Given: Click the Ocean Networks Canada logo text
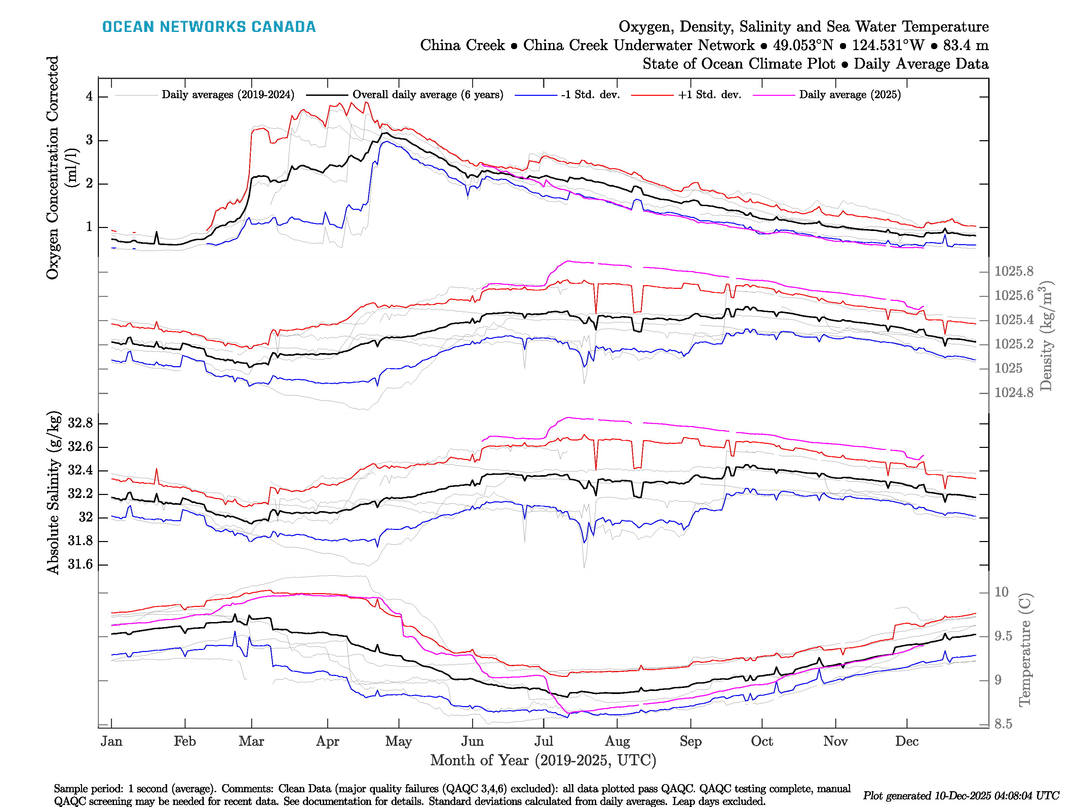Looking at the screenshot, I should point(209,27).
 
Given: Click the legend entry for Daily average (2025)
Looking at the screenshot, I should point(849,95).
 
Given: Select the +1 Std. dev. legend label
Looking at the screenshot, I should point(709,95).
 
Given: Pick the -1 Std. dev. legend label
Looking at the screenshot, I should point(590,95).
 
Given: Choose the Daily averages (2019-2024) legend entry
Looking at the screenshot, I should point(228,95).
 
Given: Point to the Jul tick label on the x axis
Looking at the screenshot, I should point(543,741).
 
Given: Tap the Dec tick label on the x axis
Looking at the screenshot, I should point(907,741).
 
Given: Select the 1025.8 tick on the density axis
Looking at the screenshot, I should point(1014,271).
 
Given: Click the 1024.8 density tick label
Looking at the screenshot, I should point(1014,392).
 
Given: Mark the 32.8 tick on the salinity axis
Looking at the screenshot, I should point(80,423).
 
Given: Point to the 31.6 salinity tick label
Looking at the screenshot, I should point(80,564).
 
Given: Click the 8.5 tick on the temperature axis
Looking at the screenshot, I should point(1003,724).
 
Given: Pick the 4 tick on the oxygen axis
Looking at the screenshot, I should point(89,96).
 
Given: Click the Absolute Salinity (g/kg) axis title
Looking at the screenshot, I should point(53,493).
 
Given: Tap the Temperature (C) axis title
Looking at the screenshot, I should point(1025,649).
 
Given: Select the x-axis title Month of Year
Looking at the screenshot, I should point(543,760).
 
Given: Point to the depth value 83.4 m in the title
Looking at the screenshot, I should point(966,45).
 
